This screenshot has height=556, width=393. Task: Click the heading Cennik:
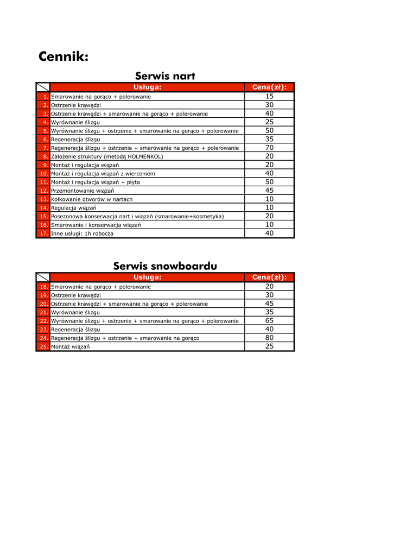pyautogui.click(x=64, y=56)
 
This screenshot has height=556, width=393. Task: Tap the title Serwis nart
pyautogui.click(x=165, y=76)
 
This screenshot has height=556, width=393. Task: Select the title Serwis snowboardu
pyautogui.click(x=165, y=266)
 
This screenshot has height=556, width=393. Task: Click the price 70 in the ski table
pyautogui.click(x=269, y=148)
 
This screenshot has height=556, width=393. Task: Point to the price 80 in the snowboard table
pyautogui.click(x=269, y=338)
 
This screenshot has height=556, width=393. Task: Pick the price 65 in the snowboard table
pyautogui.click(x=269, y=321)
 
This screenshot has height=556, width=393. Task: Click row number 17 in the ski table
pyautogui.click(x=43, y=233)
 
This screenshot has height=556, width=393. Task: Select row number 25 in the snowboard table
pyautogui.click(x=43, y=346)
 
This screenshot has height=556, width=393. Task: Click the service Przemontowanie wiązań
pyautogui.click(x=83, y=191)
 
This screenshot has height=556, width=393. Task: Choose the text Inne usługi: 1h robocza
pyautogui.click(x=82, y=233)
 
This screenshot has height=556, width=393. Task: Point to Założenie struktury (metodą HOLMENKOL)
pyautogui.click(x=107, y=156)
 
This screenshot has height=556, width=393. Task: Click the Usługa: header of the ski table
pyautogui.click(x=147, y=87)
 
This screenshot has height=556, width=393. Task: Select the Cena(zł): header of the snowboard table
pyautogui.click(x=269, y=277)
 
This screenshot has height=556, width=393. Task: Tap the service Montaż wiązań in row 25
pyautogui.click(x=71, y=346)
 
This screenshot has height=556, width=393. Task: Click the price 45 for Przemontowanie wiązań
pyautogui.click(x=269, y=191)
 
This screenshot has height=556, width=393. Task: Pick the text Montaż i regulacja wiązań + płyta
pyautogui.click(x=95, y=182)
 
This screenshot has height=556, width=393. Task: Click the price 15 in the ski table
pyautogui.click(x=269, y=96)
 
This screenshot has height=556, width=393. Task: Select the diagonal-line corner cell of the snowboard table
pyautogui.click(x=43, y=277)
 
